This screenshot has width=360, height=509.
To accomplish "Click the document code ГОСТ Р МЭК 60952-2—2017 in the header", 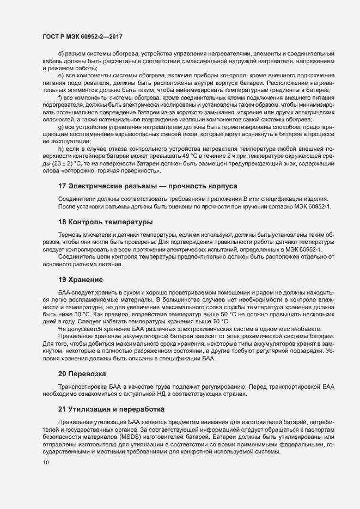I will tap(82, 36).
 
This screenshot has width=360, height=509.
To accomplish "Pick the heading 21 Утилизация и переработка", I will tap(111, 409).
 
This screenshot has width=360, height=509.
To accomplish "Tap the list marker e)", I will tap(61, 75).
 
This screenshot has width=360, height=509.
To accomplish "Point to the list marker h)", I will tap(61, 148).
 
